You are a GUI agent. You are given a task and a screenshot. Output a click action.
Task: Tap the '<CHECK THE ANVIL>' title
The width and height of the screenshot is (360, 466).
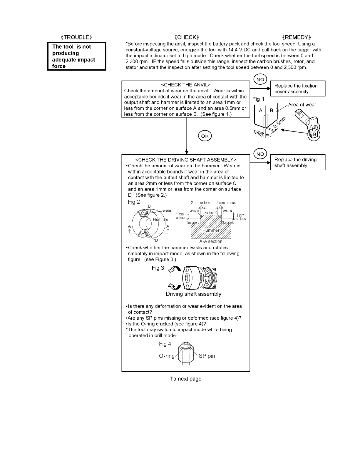(x=186, y=85)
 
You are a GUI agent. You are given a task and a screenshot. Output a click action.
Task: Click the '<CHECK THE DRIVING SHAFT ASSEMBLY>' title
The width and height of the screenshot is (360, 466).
(x=186, y=160)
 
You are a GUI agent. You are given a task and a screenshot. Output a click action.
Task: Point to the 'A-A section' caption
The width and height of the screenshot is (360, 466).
(x=210, y=241)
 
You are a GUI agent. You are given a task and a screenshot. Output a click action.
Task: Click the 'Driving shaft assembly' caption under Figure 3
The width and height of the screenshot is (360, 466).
(x=193, y=294)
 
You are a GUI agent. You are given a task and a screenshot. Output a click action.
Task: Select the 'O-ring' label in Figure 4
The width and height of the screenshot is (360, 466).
(x=167, y=356)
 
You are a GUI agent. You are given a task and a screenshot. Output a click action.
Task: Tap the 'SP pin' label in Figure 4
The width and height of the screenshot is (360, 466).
(x=207, y=356)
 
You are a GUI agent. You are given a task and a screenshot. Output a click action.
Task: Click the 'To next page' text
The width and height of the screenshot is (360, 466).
(x=186, y=379)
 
